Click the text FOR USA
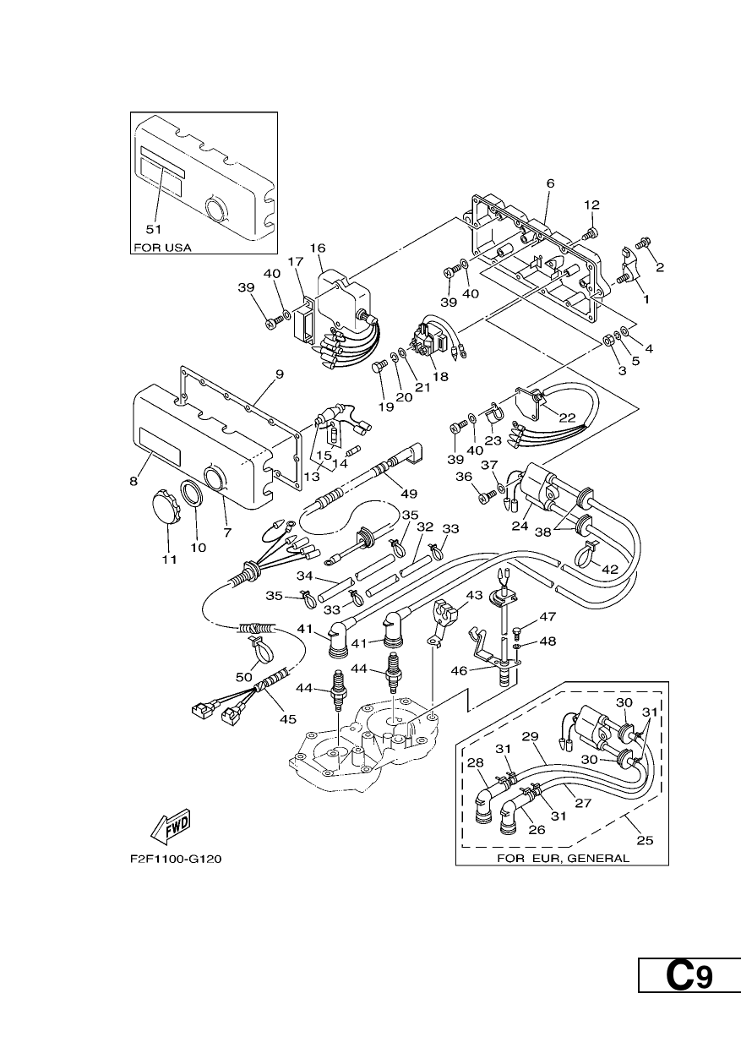coord(162,248)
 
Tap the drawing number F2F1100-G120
coord(176,859)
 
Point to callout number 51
coord(154,229)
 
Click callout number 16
coord(318,248)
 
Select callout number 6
coord(550,183)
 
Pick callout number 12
coord(591,205)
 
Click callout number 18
coord(441,376)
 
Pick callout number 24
coord(520,526)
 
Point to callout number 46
coord(459,670)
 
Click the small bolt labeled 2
coord(643,243)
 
